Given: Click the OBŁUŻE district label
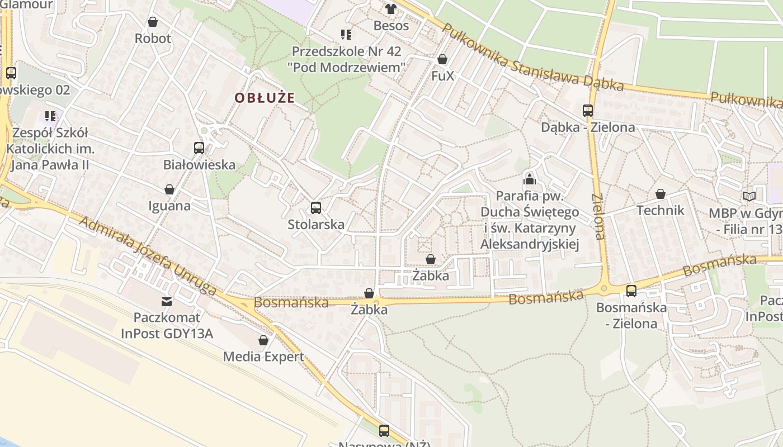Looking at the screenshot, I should tap(264, 98).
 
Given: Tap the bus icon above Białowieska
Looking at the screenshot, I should tap(199, 148).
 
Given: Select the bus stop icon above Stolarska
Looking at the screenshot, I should tap(315, 208).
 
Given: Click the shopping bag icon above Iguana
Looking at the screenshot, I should tap(169, 189).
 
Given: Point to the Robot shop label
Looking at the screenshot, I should tap(153, 39).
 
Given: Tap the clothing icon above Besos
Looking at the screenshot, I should tap(390, 9).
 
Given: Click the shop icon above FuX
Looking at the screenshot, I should tap(442, 59).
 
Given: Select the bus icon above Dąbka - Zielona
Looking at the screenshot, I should tap(587, 110).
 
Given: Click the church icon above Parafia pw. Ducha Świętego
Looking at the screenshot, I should tap(529, 179).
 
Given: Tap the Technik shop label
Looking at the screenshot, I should tap(660, 211).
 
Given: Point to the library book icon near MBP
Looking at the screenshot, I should tap(749, 197).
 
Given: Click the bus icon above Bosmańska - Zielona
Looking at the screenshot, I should tap(631, 291).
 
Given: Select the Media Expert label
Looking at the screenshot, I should tap(263, 356).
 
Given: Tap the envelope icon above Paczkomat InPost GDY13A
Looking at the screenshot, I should tap(166, 302).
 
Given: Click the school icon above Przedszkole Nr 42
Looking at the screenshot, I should tap(346, 35).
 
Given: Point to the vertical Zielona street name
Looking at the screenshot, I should tap(598, 217).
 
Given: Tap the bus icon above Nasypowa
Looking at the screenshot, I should tap(384, 430).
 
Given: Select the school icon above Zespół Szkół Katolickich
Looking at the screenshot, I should tap(50, 116).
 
